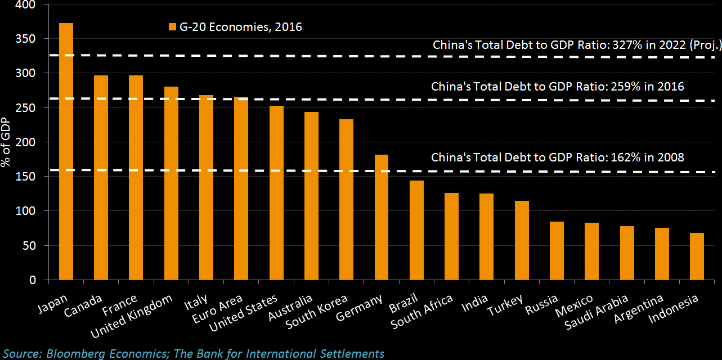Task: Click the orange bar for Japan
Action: point(66,151)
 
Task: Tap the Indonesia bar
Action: point(697,256)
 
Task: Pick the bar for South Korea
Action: point(346,199)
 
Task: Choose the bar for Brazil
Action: point(416,230)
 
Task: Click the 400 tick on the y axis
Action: point(27,4)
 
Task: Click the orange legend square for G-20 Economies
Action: point(173,27)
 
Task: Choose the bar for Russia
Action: point(557,251)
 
